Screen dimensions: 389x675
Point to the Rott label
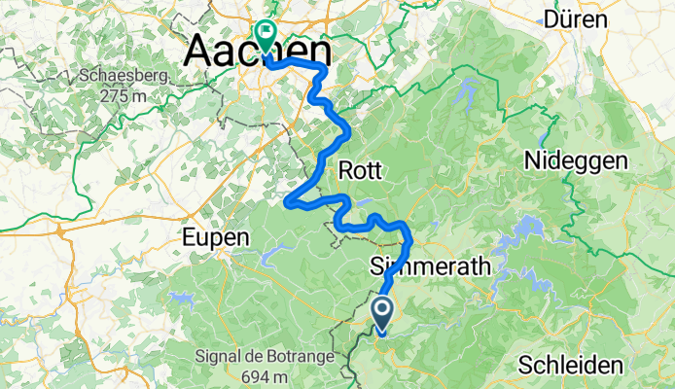362,171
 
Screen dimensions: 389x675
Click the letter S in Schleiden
525,366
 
